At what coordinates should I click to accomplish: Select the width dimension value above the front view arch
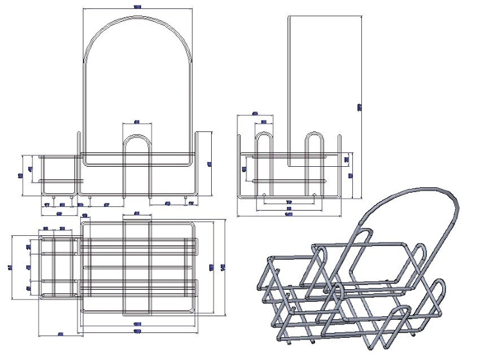click(137, 7)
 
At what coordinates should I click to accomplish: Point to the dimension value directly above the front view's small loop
click(137, 122)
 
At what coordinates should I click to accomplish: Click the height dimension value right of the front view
click(209, 164)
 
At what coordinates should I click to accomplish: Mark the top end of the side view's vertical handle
click(289, 17)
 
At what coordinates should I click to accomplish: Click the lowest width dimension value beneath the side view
click(289, 214)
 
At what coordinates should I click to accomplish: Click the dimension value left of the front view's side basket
click(21, 175)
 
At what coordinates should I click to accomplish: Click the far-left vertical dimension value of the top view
click(11, 267)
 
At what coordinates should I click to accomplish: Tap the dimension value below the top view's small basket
click(61, 334)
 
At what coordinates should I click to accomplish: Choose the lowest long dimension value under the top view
click(137, 332)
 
